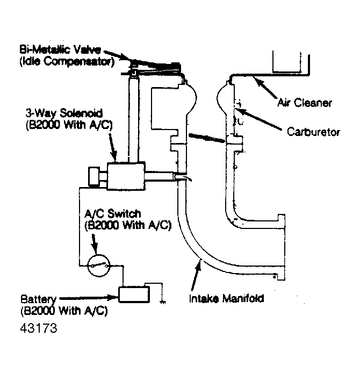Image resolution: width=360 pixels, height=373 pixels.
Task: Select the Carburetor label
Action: click(314, 131)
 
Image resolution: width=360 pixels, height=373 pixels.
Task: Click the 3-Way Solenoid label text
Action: click(58, 114)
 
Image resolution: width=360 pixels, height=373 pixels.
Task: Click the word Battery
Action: click(35, 299)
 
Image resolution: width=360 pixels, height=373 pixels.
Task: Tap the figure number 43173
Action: click(39, 326)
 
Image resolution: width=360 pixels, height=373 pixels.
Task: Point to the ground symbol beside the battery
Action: click(161, 300)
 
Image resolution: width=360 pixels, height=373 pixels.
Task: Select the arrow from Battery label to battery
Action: click(89, 296)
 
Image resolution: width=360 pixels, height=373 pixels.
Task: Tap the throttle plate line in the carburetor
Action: click(206, 138)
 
